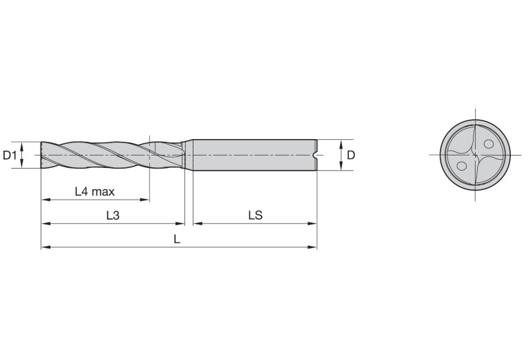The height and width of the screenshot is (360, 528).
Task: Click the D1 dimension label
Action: (10, 156)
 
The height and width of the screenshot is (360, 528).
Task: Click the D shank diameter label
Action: (351, 156)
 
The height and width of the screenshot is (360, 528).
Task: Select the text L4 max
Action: (94, 191)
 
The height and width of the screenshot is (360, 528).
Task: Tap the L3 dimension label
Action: (113, 215)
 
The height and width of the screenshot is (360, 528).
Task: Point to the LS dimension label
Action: (255, 215)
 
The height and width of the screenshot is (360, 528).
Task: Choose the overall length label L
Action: (177, 239)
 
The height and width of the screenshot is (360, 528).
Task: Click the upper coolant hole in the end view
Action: (488, 144)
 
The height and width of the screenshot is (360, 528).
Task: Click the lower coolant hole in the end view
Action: (462, 166)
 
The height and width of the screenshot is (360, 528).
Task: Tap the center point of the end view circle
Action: (475, 155)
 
